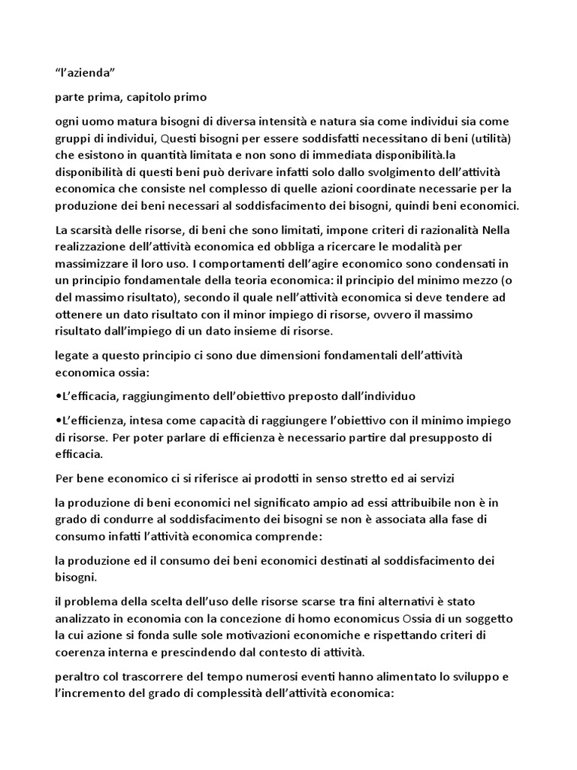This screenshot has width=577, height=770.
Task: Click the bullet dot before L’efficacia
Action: click(59, 396)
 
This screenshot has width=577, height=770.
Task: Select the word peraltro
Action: click(80, 678)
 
